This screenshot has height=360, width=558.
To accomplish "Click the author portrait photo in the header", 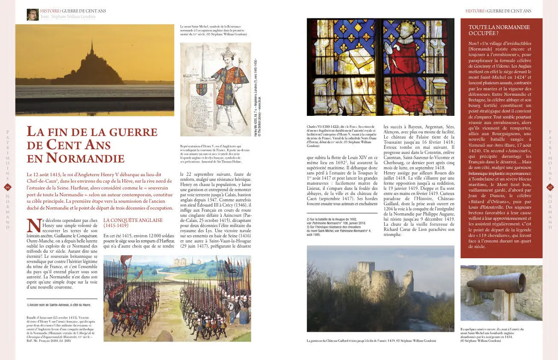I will click(x=33, y=15).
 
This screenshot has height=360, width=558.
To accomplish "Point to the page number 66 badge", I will click(x=7, y=187).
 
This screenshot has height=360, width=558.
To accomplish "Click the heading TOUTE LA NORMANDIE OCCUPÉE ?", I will click(x=499, y=30).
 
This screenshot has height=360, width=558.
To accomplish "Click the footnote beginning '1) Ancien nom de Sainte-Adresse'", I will click(x=59, y=305).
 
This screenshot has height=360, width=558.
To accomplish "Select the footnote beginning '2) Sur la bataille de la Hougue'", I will click(x=338, y=227).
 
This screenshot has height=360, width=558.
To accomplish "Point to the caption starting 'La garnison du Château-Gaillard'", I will click(x=371, y=341).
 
